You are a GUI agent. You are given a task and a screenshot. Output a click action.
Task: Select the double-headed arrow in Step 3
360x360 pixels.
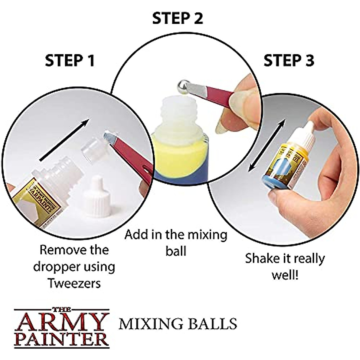tap(266, 146)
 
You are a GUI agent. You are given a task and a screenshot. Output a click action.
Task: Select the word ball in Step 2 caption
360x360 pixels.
tap(176, 251)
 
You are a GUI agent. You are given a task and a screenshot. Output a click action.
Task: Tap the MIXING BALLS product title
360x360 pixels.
tap(178, 324)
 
